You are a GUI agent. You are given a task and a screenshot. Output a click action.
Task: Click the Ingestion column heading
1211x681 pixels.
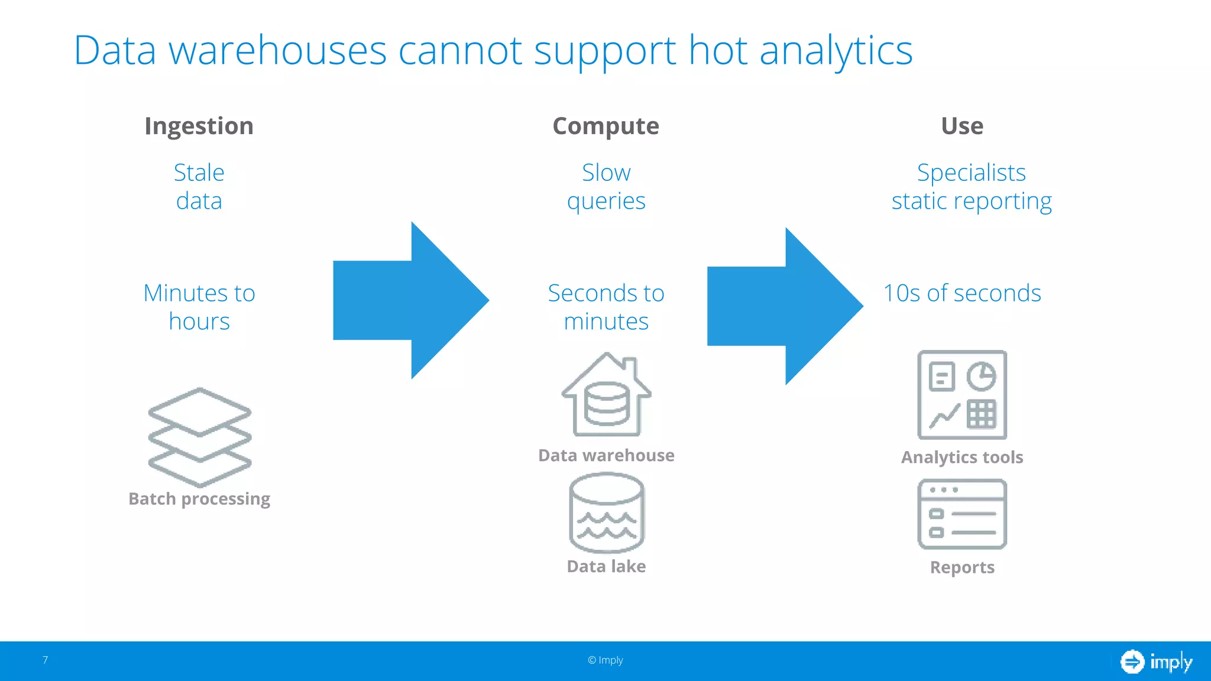coord(199,126)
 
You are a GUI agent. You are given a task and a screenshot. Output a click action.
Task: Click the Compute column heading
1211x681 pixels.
coord(605,126)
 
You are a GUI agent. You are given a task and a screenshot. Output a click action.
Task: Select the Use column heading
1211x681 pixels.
coord(962,126)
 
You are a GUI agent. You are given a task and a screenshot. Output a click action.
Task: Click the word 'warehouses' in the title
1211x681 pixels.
coord(277,51)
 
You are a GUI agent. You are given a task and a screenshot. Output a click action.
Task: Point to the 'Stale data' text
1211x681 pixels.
coord(199,187)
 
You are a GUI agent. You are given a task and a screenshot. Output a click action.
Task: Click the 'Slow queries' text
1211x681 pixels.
coord(606,187)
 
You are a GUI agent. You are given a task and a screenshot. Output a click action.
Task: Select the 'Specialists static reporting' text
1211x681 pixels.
coord(971,187)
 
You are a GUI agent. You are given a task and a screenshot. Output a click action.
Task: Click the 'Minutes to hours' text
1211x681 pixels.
coord(199,307)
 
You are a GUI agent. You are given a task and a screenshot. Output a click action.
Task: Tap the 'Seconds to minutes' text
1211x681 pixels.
coord(606,307)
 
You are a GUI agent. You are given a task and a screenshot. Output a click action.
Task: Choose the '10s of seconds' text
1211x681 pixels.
coord(962,293)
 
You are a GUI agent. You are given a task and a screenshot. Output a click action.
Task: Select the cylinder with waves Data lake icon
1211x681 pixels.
coord(607,513)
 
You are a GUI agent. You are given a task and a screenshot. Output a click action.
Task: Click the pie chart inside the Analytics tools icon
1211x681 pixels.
coord(982,377)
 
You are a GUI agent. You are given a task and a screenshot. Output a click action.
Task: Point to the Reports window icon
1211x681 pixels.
coord(962,514)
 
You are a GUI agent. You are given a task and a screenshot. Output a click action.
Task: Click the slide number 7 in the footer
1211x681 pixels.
coord(45,660)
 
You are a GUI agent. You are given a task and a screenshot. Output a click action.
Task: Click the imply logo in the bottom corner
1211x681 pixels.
coord(1157,661)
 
